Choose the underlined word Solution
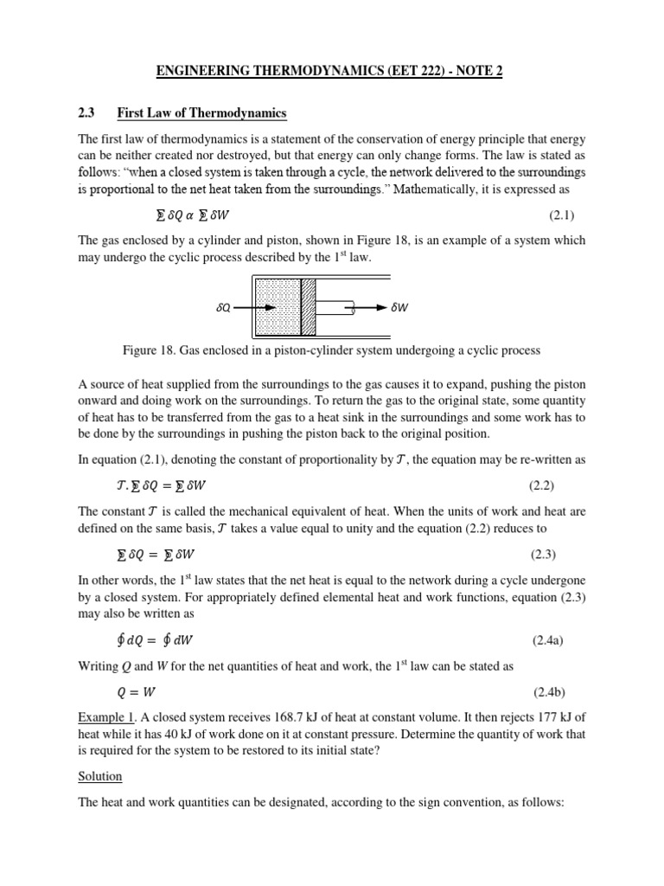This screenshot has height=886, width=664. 100,776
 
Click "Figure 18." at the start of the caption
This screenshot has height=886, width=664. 150,350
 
